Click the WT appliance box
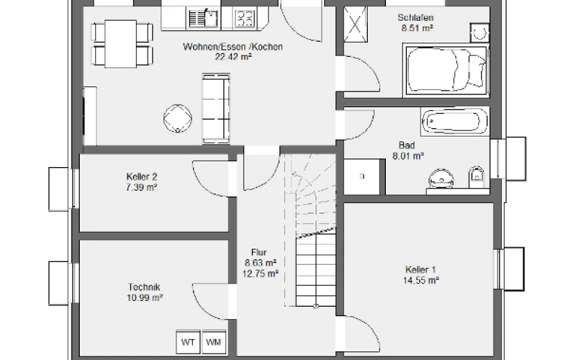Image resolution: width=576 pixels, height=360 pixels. click(x=188, y=342)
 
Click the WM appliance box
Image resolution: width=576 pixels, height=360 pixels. click(x=214, y=342)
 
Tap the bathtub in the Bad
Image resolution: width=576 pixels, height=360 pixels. click(x=455, y=121)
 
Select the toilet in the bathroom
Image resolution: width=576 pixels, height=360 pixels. click(x=477, y=177)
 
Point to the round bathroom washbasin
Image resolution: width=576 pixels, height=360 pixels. click(x=441, y=179)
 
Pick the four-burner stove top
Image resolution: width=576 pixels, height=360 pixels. click(x=245, y=19)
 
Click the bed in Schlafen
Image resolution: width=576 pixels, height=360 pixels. click(x=446, y=70)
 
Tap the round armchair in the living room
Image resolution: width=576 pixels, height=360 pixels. click(x=178, y=119)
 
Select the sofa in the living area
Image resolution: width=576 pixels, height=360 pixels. click(x=216, y=109)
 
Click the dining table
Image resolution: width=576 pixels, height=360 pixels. click(x=121, y=44)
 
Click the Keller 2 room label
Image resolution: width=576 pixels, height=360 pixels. click(x=142, y=176)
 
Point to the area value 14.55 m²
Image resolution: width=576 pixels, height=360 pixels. click(x=421, y=281)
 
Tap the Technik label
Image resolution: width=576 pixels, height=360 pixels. click(x=144, y=287)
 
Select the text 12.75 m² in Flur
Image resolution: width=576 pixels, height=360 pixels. click(x=261, y=274)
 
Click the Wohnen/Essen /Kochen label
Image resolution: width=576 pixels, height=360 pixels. click(x=233, y=47)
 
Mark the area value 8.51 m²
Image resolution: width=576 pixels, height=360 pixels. click(x=417, y=28)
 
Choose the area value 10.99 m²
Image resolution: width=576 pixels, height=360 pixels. click(x=145, y=298)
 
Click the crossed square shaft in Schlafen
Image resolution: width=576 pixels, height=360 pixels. click(x=355, y=24)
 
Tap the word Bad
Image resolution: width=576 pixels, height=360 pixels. click(x=406, y=145)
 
